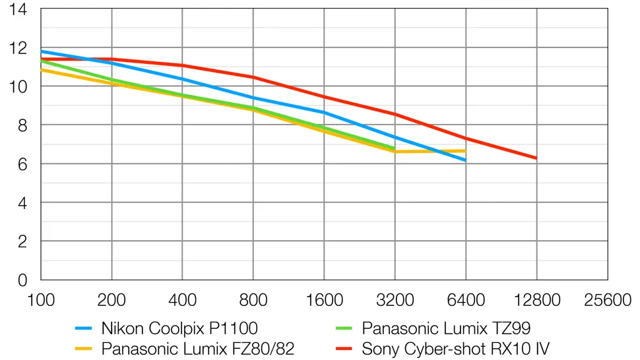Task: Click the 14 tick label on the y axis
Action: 18,10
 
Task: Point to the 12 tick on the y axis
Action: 18,48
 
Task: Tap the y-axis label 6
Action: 22,164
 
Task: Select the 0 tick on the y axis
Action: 22,280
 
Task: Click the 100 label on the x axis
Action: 41,300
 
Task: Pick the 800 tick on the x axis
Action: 253,300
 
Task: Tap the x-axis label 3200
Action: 395,300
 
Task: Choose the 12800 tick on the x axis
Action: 536,300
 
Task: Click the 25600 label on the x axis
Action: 607,300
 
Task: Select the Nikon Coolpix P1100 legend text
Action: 179,328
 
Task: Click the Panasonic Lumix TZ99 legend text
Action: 446,328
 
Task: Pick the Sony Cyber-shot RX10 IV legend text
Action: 456,347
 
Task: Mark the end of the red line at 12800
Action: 536,158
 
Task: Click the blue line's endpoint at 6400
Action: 466,160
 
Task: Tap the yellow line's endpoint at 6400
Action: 466,150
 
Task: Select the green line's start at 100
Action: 41,60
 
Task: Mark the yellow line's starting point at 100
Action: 41,69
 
